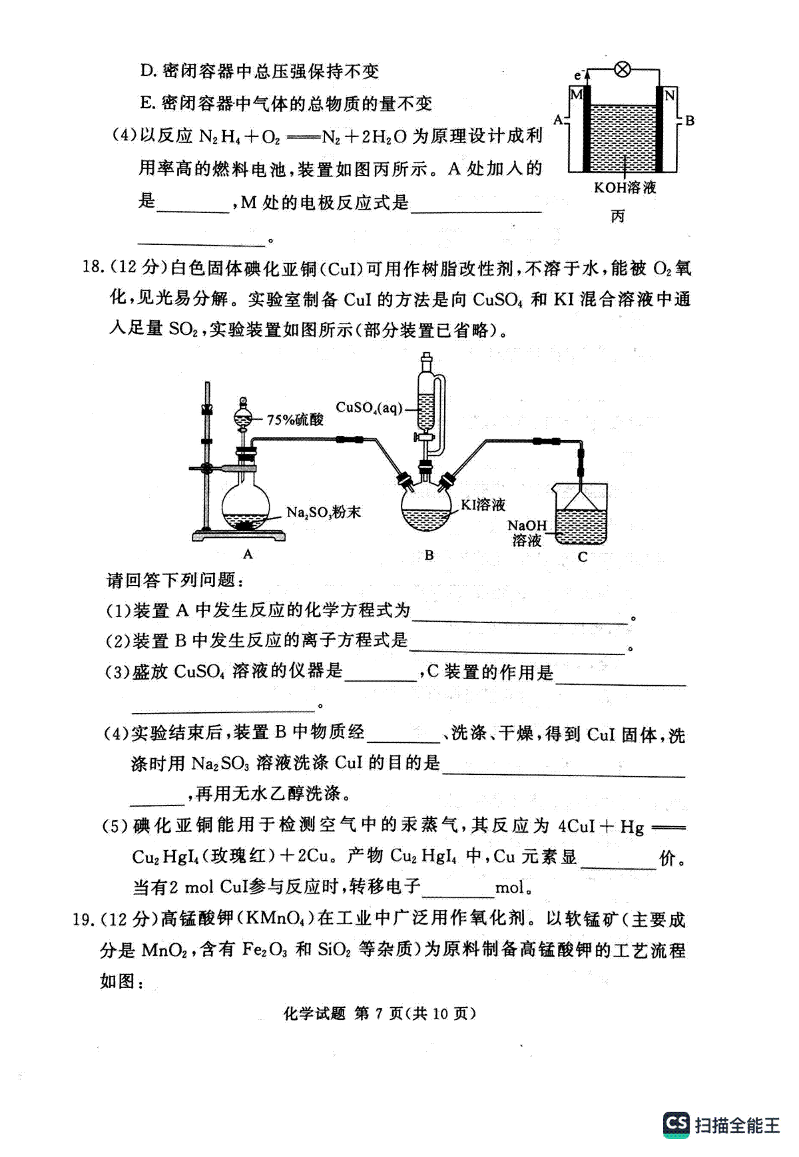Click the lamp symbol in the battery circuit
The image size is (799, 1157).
[x=623, y=69]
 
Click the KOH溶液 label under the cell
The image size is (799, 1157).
[x=625, y=188]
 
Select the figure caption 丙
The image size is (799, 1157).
[x=619, y=216]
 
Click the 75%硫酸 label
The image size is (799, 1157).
[x=295, y=419]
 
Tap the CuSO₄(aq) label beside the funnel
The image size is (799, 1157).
[x=369, y=407]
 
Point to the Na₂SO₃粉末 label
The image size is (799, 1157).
[x=324, y=512]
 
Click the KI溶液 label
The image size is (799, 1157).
[x=483, y=505]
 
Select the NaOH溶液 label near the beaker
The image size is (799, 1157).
[x=527, y=533]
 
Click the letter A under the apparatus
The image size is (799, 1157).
[x=248, y=554]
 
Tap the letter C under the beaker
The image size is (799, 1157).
[x=583, y=557]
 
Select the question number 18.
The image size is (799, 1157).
[x=93, y=268]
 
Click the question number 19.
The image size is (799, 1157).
[x=83, y=919]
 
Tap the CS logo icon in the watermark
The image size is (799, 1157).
[x=676, y=1124]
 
